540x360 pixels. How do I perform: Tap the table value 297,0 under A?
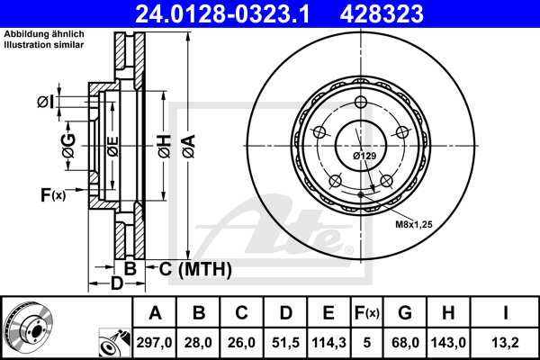click(x=156, y=342)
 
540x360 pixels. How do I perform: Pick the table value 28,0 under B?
click(x=199, y=342)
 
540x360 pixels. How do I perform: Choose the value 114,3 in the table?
click(x=328, y=342)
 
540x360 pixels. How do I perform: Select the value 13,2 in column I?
click(x=507, y=342)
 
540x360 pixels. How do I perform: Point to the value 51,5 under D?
click(x=285, y=342)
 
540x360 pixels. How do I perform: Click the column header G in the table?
click(x=405, y=313)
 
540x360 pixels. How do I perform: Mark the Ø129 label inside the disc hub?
click(x=364, y=156)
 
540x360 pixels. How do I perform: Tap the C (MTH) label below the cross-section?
click(x=195, y=269)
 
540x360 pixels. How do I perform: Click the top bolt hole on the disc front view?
click(x=361, y=101)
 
